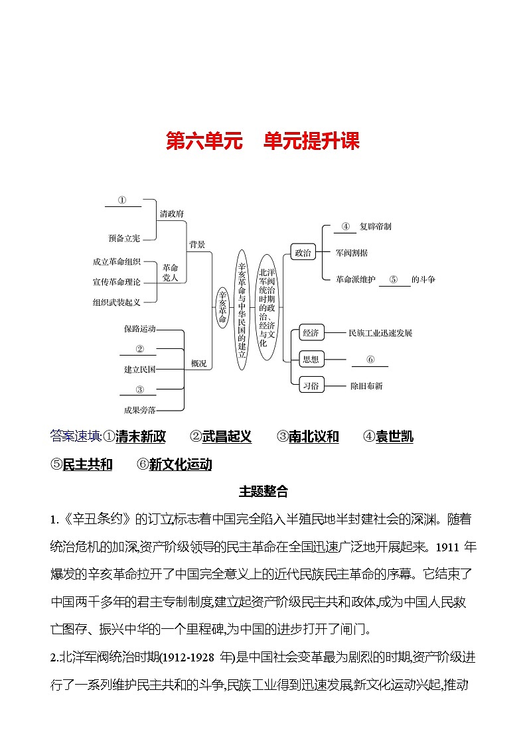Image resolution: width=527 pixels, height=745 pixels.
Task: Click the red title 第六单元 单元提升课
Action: (x=263, y=141)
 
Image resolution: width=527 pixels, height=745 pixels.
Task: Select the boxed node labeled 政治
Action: (x=302, y=252)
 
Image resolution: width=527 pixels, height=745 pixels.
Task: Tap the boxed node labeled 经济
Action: (x=310, y=333)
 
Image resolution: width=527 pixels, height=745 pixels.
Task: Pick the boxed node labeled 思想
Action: (x=310, y=359)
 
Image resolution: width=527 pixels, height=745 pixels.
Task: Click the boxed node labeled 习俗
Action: (x=310, y=385)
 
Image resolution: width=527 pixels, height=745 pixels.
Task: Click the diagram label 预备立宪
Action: (x=124, y=238)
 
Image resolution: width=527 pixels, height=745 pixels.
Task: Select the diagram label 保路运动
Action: (x=139, y=328)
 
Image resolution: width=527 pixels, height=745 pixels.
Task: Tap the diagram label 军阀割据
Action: (x=352, y=253)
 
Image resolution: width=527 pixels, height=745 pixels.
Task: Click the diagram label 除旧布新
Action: (x=366, y=385)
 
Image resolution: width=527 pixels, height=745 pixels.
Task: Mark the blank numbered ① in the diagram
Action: (x=123, y=201)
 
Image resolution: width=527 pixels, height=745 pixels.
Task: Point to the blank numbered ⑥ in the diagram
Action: (x=370, y=360)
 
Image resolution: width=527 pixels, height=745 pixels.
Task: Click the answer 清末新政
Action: (x=140, y=437)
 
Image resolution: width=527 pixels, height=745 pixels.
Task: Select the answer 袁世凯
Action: (x=394, y=437)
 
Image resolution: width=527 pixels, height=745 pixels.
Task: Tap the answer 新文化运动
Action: (x=181, y=464)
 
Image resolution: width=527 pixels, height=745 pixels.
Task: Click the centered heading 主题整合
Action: (x=263, y=492)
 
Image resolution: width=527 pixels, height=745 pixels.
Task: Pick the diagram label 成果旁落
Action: (x=139, y=410)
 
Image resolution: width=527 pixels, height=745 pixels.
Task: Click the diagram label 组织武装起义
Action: (x=117, y=302)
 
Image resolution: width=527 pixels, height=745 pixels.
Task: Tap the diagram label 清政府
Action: (x=171, y=214)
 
